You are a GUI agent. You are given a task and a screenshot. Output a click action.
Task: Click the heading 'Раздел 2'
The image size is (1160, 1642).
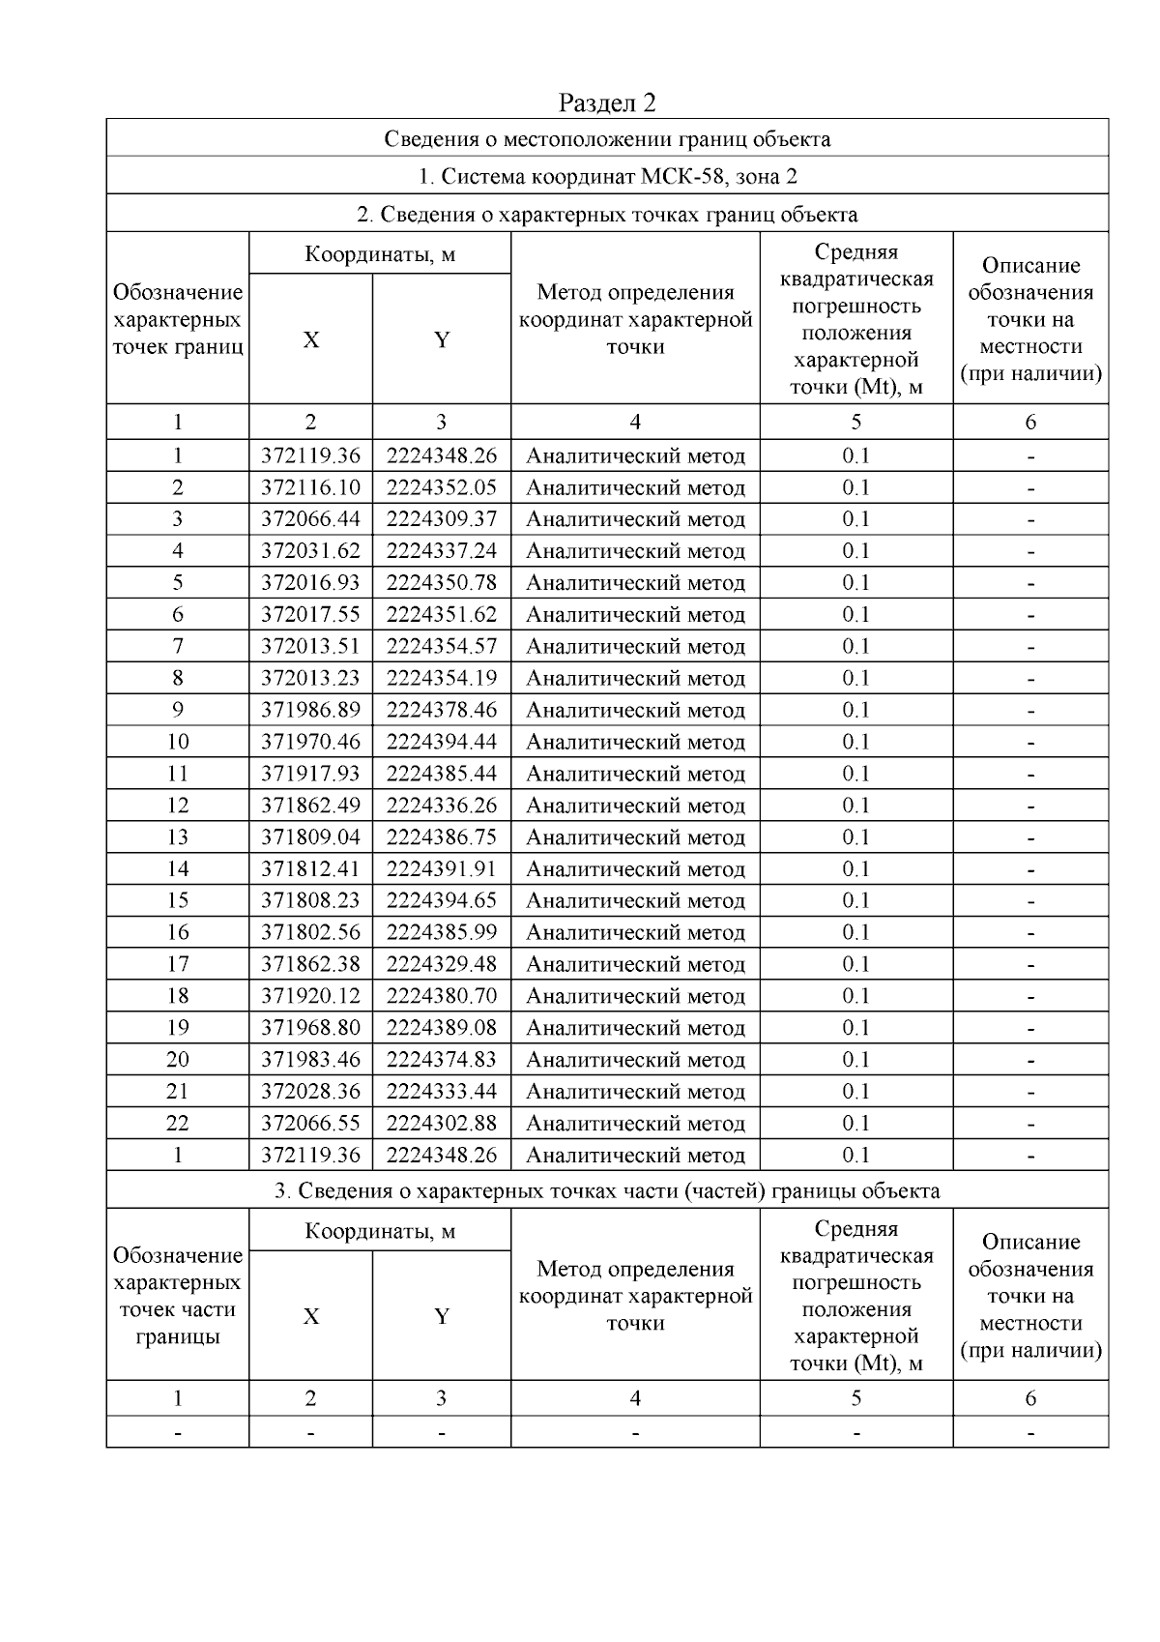pyautogui.click(x=607, y=103)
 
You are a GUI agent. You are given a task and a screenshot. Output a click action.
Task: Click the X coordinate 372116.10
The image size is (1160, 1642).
pyautogui.click(x=310, y=487)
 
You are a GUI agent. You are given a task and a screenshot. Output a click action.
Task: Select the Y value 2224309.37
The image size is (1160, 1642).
pyautogui.click(x=442, y=519)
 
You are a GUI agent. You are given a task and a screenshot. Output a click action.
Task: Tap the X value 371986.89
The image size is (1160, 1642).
pyautogui.click(x=310, y=710)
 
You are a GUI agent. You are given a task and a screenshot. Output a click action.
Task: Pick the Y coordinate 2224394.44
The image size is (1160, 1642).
pyautogui.click(x=442, y=742)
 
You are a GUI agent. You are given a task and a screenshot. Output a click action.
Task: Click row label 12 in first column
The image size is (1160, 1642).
pyautogui.click(x=178, y=806)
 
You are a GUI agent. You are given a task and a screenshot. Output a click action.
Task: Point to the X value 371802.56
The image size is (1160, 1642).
pyautogui.click(x=310, y=932)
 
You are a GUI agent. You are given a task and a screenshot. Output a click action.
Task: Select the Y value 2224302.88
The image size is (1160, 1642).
pyautogui.click(x=442, y=1123)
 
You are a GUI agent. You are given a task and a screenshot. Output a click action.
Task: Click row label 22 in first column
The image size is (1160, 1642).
pyautogui.click(x=178, y=1123)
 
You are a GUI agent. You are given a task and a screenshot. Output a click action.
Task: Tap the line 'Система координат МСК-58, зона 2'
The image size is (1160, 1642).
pyautogui.click(x=607, y=176)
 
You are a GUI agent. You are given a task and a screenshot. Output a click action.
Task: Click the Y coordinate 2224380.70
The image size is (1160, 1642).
pyautogui.click(x=442, y=996)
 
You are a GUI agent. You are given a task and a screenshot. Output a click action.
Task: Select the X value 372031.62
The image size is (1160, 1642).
pyautogui.click(x=310, y=551)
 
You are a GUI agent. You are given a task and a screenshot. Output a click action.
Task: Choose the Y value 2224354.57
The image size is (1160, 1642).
pyautogui.click(x=442, y=646)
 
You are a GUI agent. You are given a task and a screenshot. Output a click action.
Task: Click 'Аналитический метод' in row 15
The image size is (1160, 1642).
pyautogui.click(x=635, y=900)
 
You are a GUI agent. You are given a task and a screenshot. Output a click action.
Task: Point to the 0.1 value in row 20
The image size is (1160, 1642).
pyautogui.click(x=855, y=1060)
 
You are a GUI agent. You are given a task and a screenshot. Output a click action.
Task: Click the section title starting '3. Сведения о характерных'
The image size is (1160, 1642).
pyautogui.click(x=607, y=1190)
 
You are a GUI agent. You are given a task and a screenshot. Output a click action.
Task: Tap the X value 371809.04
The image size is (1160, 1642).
pyautogui.click(x=310, y=837)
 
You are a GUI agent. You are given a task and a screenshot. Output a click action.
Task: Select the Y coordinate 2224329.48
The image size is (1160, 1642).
pyautogui.click(x=442, y=964)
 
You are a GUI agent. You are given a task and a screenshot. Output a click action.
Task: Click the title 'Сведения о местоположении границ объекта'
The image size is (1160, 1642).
pyautogui.click(x=607, y=138)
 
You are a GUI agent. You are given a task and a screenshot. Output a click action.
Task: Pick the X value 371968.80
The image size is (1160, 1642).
pyautogui.click(x=310, y=1028)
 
